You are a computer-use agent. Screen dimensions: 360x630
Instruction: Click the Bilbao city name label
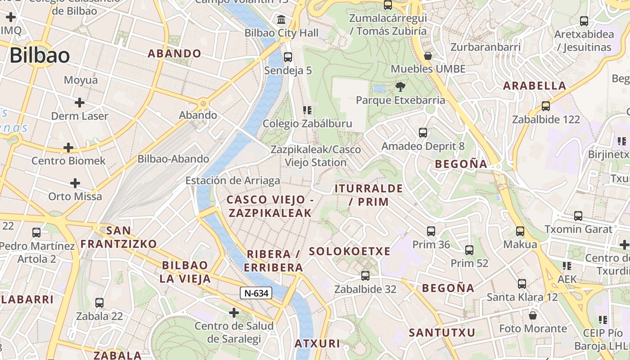(x=40, y=56)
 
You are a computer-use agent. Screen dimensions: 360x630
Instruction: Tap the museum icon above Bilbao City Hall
(x=282, y=20)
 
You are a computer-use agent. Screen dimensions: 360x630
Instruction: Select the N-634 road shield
(x=256, y=293)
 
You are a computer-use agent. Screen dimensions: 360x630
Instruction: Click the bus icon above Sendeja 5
(x=288, y=57)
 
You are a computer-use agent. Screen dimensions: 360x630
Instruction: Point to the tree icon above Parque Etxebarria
(x=400, y=86)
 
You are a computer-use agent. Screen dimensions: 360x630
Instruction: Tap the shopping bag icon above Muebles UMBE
(x=428, y=56)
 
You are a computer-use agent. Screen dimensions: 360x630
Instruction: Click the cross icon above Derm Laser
(x=80, y=103)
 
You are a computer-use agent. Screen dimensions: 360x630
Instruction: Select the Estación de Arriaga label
(x=233, y=180)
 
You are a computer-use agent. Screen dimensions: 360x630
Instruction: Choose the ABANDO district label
(x=175, y=54)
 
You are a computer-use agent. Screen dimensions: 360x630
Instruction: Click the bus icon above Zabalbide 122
(x=546, y=106)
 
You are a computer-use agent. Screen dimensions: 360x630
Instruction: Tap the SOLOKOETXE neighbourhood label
(x=350, y=252)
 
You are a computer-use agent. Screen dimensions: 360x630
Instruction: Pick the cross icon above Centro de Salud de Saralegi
(x=234, y=312)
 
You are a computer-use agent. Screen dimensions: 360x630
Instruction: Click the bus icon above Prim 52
(x=469, y=250)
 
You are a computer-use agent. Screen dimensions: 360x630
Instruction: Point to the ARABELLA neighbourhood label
(x=535, y=85)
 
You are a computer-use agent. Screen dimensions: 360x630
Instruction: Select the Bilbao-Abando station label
(x=173, y=159)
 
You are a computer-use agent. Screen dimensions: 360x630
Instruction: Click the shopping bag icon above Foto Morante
(x=533, y=315)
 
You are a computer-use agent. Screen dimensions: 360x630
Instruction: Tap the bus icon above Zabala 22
(x=99, y=303)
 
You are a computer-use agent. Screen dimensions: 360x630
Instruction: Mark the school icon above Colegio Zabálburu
(x=307, y=110)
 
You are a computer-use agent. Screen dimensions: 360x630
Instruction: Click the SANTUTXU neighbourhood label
(x=442, y=333)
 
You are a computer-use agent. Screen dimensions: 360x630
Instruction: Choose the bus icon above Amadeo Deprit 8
(x=423, y=133)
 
